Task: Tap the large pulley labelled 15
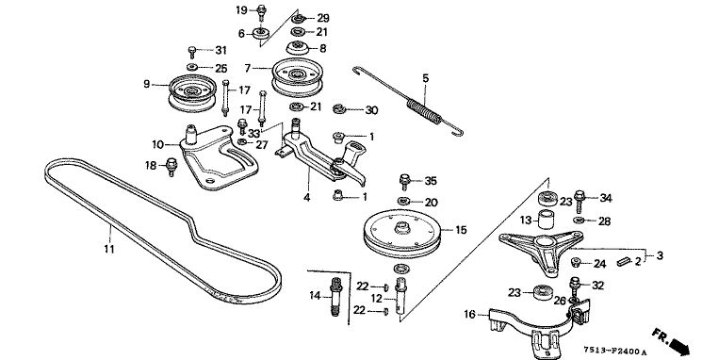pos(402,232)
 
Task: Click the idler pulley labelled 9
pos(192,93)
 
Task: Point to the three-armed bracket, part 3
pos(542,249)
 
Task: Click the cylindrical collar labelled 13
pos(546,220)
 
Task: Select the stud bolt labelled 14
pos(335,297)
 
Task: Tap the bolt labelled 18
pos(171,167)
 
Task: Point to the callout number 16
pos(469,315)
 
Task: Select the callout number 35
pos(431,181)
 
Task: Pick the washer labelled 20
pos(404,200)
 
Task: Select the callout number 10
pos(158,144)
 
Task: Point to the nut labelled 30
pos(339,108)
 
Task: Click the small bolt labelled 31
pos(192,52)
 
